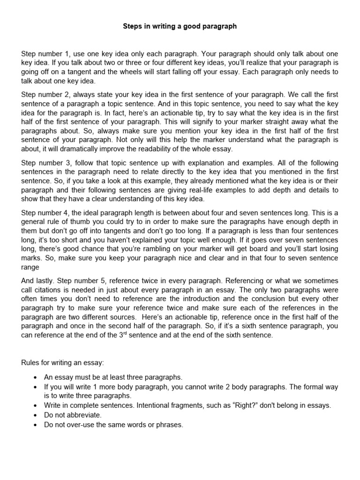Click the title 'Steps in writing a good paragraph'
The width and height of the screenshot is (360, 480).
click(x=180, y=27)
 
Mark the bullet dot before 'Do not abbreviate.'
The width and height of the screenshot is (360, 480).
click(x=36, y=415)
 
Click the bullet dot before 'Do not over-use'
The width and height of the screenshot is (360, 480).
click(x=36, y=425)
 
